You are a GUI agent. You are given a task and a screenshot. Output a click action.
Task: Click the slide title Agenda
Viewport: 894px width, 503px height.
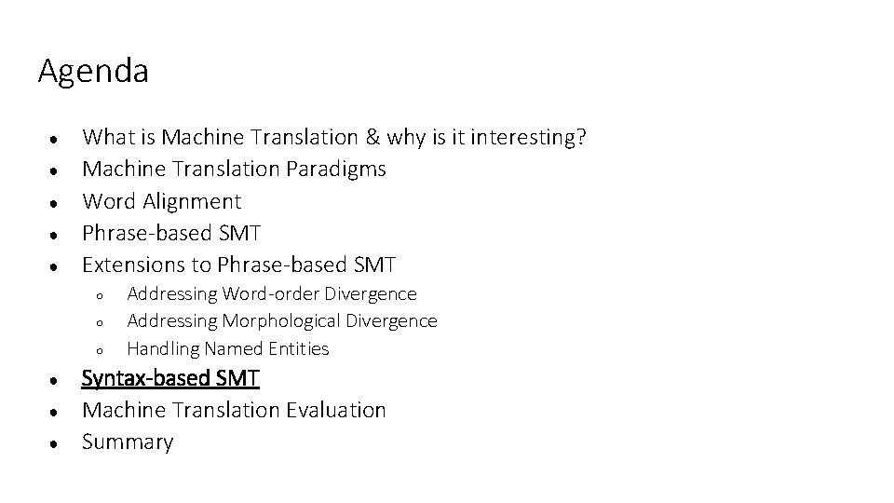(x=93, y=72)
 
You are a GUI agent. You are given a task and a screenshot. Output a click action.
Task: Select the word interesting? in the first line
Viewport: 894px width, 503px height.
(x=529, y=138)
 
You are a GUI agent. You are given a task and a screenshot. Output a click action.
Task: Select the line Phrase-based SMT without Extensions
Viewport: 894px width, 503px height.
(x=171, y=233)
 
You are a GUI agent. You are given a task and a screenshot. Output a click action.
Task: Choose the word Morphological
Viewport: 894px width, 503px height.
(x=282, y=321)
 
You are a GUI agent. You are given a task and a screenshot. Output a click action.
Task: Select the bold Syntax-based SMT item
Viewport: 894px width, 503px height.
(x=171, y=378)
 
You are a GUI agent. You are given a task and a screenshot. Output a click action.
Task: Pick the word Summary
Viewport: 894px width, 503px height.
(x=128, y=442)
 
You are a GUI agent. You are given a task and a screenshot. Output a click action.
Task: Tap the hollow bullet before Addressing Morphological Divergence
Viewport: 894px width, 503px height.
(x=98, y=323)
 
